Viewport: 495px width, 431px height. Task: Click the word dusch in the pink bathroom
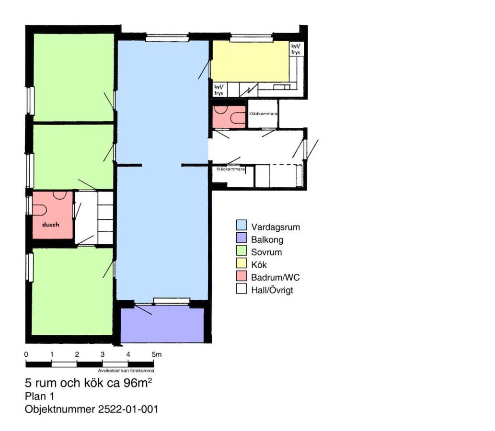(50, 225)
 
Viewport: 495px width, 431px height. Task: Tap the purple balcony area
(162, 325)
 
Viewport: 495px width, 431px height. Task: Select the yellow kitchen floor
(250, 61)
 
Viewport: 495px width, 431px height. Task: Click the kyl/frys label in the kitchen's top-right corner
(296, 49)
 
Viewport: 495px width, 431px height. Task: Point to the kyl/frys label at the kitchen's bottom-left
(219, 90)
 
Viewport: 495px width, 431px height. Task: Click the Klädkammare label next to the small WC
(263, 113)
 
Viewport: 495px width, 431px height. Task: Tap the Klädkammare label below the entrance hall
(230, 169)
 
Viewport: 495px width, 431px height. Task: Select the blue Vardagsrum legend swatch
(241, 225)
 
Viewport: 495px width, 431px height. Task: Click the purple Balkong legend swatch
(241, 238)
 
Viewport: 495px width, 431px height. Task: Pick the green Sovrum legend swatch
(241, 250)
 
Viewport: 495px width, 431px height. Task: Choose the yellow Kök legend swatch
(241, 263)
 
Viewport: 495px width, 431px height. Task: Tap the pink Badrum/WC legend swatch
(241, 275)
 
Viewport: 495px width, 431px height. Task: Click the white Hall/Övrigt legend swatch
(241, 288)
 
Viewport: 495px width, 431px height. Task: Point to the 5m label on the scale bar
(157, 354)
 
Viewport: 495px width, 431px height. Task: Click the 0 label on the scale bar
(26, 354)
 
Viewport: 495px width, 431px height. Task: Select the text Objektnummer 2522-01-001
(91, 409)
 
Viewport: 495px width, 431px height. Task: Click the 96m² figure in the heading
(138, 383)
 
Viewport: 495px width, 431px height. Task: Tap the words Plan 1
(39, 397)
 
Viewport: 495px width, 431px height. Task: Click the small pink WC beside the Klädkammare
(229, 117)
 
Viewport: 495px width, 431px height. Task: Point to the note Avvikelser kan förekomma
(126, 371)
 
